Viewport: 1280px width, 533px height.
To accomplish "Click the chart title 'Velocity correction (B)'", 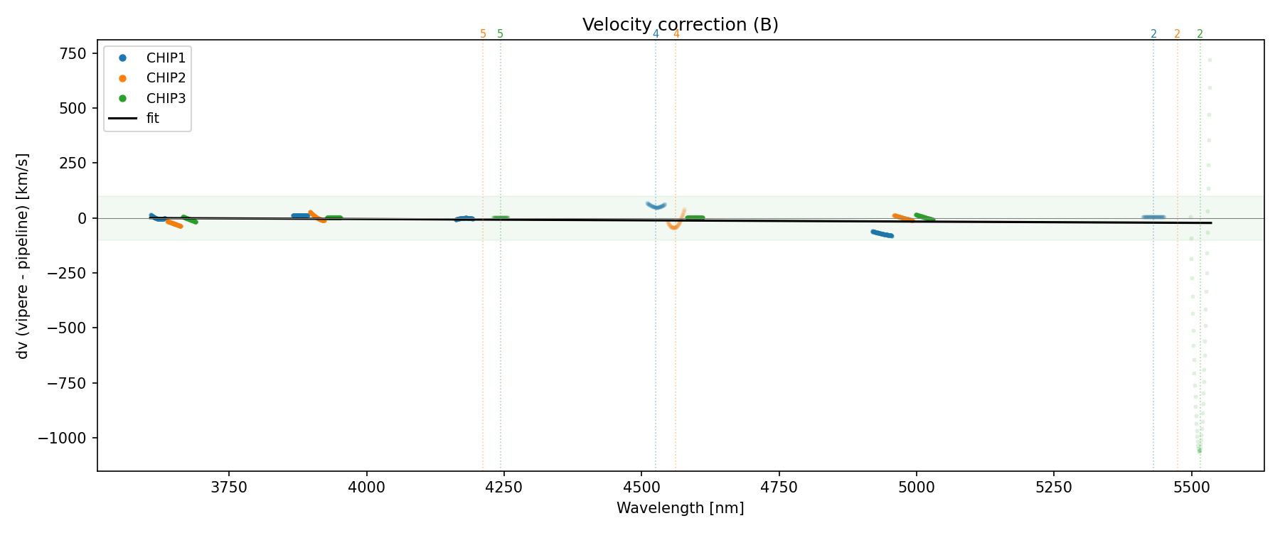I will (x=680, y=25).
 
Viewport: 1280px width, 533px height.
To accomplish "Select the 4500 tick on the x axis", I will (x=641, y=488).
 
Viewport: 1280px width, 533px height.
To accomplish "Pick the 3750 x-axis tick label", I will (x=229, y=488).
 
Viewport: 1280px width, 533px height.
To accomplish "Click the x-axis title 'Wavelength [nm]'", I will (x=680, y=509).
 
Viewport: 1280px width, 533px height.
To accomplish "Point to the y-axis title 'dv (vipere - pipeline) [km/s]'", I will (x=23, y=256).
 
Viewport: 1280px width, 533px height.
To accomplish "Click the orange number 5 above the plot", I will (x=483, y=34).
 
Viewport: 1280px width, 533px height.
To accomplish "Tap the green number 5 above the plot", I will (x=500, y=34).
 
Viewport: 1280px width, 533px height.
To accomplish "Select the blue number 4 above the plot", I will (x=656, y=34).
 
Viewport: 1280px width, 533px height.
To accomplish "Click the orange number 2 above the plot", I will (x=1177, y=34).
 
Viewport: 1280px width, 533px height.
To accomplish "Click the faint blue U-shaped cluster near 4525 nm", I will (x=656, y=206).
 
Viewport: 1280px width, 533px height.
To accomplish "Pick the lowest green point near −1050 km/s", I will (x=1199, y=451).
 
